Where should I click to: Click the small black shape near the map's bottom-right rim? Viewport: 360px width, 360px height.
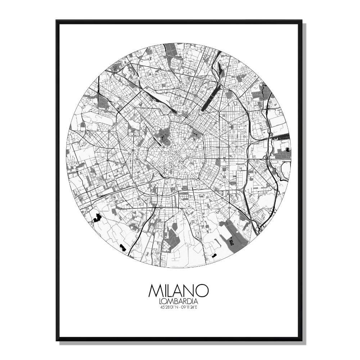[215, 255]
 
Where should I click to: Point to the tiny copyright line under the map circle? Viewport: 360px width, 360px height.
[180, 267]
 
